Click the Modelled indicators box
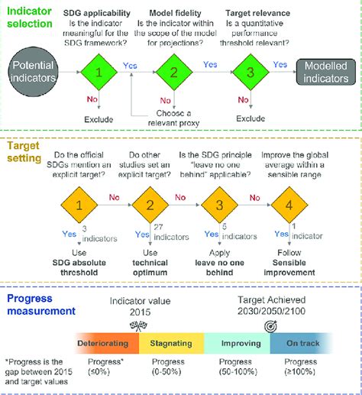click(x=318, y=73)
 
